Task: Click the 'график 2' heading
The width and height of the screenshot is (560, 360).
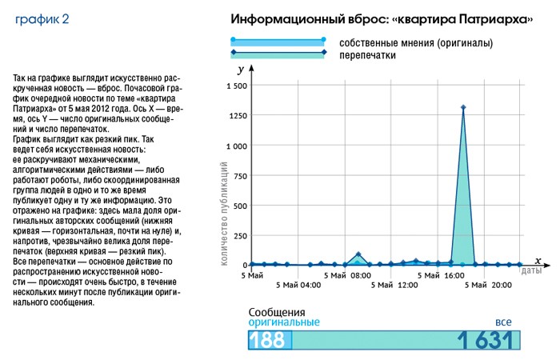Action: coord(42,19)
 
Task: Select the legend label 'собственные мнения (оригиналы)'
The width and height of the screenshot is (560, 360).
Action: coord(415,42)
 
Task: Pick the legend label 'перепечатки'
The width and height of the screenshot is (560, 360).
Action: coord(366,58)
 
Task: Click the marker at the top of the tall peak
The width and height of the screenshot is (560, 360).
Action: coord(463,107)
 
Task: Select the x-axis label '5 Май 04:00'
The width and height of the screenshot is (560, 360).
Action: coord(298,284)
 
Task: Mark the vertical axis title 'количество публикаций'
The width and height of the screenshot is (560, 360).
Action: coord(225,214)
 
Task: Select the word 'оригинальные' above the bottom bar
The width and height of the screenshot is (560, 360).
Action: coord(284,322)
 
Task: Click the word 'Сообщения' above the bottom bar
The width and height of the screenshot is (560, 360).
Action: coord(277,312)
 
